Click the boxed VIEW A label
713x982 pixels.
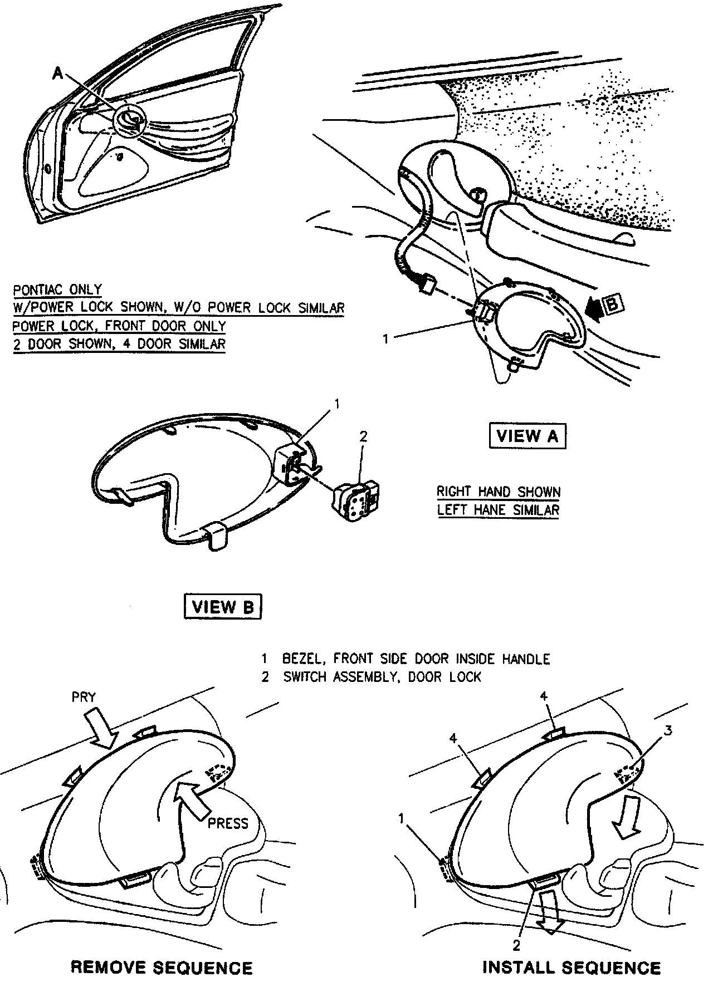[x=526, y=436]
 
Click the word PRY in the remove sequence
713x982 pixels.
[x=84, y=697]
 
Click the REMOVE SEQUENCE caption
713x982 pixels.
[x=162, y=968]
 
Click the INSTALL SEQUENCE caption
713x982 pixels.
[x=571, y=968]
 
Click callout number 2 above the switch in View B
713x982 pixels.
[x=363, y=436]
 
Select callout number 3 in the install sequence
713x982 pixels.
[x=668, y=730]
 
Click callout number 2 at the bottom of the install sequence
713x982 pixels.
[x=516, y=945]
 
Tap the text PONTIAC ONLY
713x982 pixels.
[x=57, y=290]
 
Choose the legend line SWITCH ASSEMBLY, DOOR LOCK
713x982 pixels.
[x=382, y=677]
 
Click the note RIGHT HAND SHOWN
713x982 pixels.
[x=498, y=492]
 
